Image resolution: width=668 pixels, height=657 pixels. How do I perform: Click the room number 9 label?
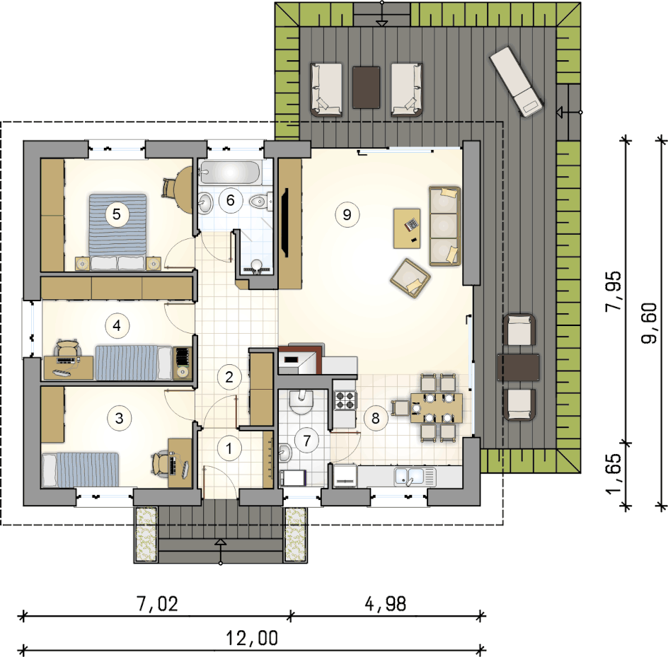[x=347, y=214]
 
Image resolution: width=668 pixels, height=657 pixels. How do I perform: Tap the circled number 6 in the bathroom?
[x=231, y=200]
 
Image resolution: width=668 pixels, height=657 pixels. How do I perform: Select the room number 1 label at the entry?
[x=229, y=448]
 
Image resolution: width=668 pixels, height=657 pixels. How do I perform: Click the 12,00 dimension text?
[x=252, y=638]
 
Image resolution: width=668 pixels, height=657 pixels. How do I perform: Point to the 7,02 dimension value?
[x=157, y=604]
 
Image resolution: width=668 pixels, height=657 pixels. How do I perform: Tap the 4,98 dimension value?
[x=386, y=604]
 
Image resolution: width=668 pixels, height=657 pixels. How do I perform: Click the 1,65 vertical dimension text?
[x=614, y=473]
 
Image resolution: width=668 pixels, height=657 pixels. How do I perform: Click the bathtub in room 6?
[x=229, y=173]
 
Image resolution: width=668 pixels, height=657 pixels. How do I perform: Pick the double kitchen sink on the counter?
[x=415, y=477]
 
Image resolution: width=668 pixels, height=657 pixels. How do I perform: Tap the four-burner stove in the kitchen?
[x=345, y=400]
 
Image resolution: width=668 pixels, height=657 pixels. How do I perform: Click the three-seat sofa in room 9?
[x=445, y=226]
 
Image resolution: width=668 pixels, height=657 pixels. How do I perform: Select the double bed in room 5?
[x=117, y=232]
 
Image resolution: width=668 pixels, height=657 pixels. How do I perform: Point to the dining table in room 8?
[x=436, y=408]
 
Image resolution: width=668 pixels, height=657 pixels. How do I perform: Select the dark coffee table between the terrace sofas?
[x=367, y=87]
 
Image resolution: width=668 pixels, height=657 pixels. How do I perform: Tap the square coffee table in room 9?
[x=407, y=228]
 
